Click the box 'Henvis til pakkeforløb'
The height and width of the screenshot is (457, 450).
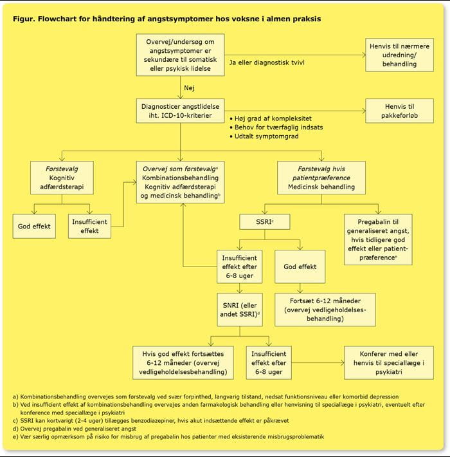click(399, 111)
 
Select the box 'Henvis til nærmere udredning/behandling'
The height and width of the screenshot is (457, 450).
click(399, 55)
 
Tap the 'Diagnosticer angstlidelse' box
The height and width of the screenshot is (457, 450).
click(180, 111)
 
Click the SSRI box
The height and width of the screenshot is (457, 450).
click(265, 222)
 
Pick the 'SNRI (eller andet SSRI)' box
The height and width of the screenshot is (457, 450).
click(240, 310)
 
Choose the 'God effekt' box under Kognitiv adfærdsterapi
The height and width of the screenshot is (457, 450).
click(34, 226)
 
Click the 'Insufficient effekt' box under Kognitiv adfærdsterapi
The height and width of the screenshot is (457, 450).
click(89, 226)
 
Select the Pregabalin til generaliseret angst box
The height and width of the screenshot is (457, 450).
click(378, 239)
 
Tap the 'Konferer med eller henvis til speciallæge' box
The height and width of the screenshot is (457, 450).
click(388, 362)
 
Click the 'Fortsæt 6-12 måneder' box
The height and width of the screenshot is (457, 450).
click(325, 310)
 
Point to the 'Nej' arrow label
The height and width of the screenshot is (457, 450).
click(189, 88)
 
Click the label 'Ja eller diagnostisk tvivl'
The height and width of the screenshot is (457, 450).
click(267, 62)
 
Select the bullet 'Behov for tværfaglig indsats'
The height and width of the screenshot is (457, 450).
click(276, 127)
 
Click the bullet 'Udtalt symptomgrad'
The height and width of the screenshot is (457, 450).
click(264, 136)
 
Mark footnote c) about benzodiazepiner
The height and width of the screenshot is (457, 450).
click(151, 420)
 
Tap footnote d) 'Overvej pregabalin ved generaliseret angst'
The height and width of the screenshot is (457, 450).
click(75, 429)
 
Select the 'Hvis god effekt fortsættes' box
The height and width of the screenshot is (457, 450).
click(183, 362)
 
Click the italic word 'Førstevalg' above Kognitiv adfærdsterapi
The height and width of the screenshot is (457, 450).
click(62, 169)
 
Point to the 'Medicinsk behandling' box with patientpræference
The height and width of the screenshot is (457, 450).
click(321, 178)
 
